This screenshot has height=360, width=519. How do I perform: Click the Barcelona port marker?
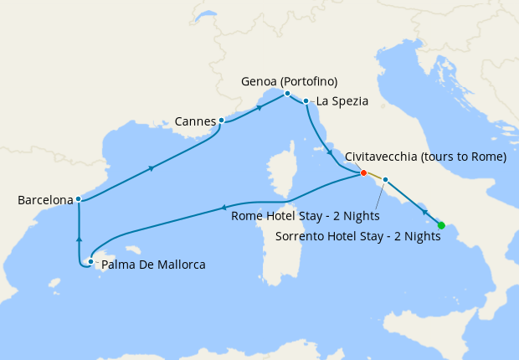[78, 199]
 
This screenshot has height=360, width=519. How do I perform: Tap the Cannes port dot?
[221, 121]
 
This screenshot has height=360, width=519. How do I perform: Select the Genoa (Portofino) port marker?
[287, 94]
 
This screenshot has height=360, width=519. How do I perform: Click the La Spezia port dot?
[306, 101]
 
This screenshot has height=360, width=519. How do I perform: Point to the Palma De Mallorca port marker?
[90, 262]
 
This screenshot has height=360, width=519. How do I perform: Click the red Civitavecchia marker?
[363, 173]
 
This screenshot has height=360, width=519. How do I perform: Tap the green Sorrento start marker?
[441, 224]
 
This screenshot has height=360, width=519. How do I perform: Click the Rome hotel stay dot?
[385, 179]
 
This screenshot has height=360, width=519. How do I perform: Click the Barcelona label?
[44, 200]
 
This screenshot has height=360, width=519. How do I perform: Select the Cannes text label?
[195, 121]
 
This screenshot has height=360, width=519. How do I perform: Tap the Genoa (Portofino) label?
[289, 81]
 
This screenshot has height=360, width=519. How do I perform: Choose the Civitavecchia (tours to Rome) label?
[425, 157]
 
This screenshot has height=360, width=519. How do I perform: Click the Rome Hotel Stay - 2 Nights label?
[305, 216]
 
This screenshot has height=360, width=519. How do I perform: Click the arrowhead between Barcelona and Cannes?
[151, 168]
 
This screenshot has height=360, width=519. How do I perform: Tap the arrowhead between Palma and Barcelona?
[79, 239]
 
